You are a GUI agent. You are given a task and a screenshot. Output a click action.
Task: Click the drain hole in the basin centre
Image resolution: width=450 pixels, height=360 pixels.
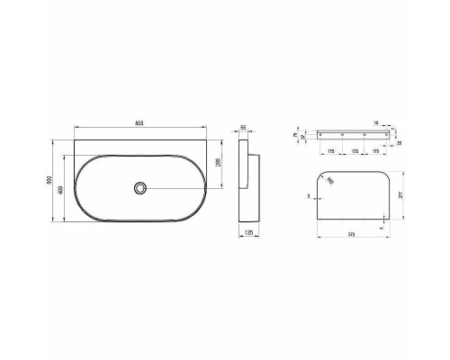tap(139, 187)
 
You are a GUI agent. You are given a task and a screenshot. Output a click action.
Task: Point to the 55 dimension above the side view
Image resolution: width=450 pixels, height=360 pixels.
tap(246, 128)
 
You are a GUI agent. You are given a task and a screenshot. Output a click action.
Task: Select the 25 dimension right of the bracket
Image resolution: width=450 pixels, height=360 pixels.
tap(400, 142)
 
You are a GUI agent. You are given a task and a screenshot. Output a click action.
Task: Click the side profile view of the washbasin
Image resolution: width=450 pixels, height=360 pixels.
tap(247, 188)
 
